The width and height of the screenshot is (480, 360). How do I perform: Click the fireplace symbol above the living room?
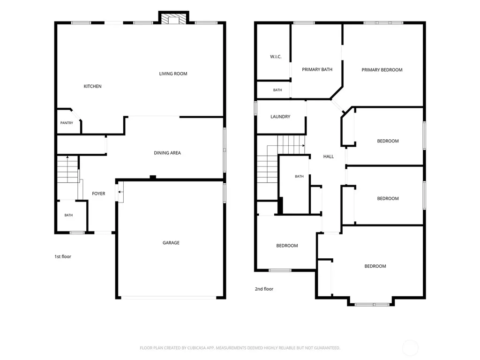[x=173, y=18]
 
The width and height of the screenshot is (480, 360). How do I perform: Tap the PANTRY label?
[x=67, y=123]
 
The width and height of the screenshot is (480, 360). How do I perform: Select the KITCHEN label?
[x=92, y=86]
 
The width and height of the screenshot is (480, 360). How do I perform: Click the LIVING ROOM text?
[x=173, y=74]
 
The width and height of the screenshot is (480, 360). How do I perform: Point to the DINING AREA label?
[x=167, y=153]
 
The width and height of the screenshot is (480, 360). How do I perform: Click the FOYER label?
[x=98, y=194]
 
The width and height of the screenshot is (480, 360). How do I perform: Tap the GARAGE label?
[x=171, y=243]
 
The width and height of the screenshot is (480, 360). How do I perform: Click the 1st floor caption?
[x=63, y=256]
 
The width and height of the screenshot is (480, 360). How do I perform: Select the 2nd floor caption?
[x=264, y=289]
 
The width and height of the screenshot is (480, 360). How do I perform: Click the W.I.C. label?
[x=276, y=57]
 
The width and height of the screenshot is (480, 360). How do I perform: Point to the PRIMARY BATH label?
[x=317, y=69]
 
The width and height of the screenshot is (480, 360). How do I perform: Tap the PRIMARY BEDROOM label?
[x=382, y=70]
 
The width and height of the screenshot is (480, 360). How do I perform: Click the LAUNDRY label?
[x=280, y=117]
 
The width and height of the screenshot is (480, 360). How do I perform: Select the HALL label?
[x=329, y=157]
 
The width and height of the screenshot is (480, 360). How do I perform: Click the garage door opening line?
[x=169, y=297]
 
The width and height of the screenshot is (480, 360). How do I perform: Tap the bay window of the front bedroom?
[x=372, y=305]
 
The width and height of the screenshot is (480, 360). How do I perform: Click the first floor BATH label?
[x=68, y=215]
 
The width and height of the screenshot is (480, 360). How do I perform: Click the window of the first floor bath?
[x=77, y=232]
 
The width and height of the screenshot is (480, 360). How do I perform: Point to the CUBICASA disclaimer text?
[x=240, y=348]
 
